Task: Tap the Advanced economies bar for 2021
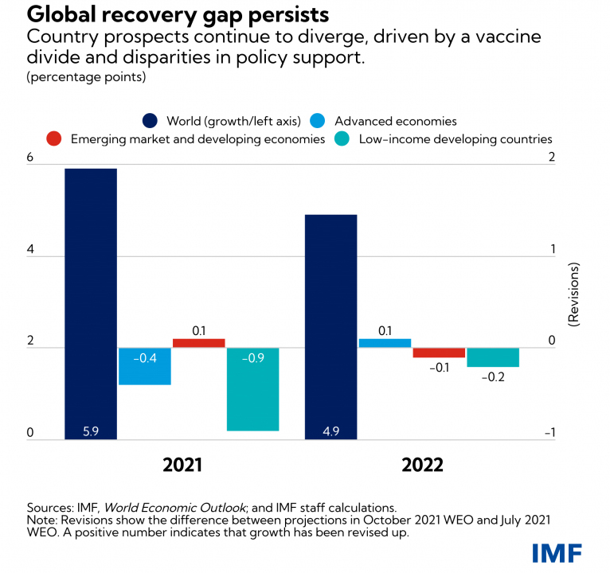[145, 366]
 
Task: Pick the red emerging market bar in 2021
[199, 343]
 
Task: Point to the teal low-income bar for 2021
[253, 389]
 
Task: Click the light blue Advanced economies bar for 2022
[385, 343]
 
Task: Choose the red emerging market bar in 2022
[439, 353]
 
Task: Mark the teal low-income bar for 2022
[493, 357]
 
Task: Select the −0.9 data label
[253, 358]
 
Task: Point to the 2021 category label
[182, 466]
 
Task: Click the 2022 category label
[422, 466]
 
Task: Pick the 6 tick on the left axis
[30, 159]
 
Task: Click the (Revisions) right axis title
[575, 294]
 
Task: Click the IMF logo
[557, 552]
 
